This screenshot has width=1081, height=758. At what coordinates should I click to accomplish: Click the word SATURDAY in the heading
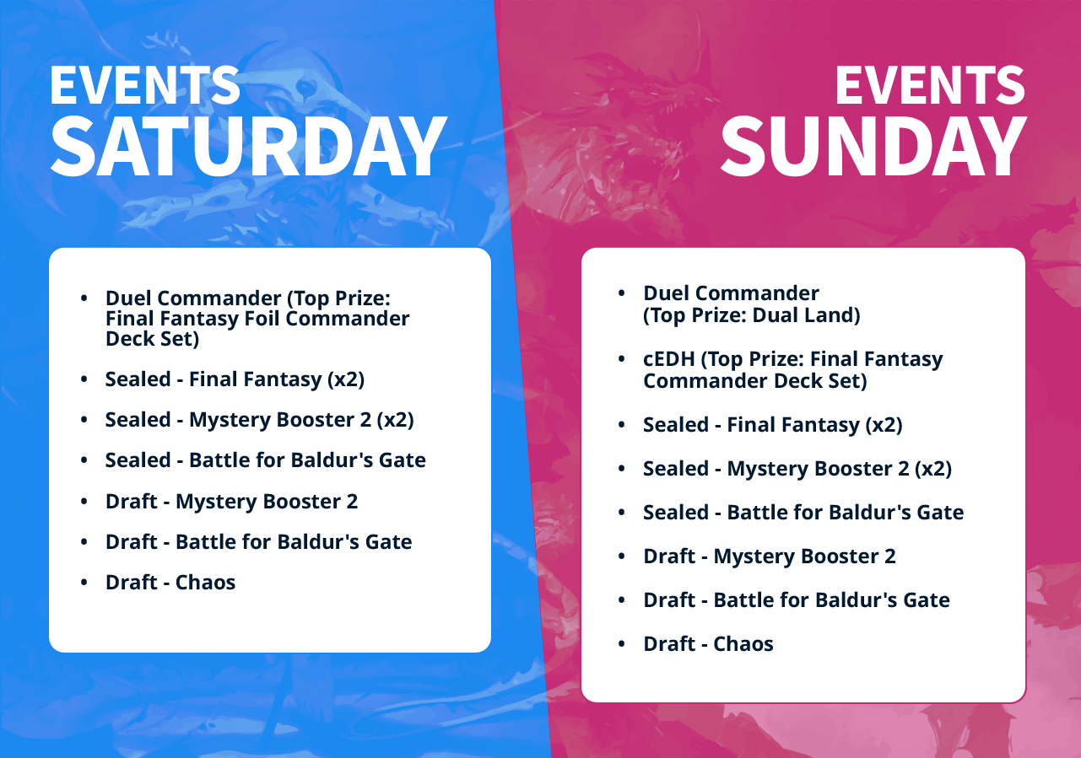pos(249,147)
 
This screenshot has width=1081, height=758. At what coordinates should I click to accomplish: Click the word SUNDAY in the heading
pos(873,147)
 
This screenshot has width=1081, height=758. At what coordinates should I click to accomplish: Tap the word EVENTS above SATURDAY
pos(145,85)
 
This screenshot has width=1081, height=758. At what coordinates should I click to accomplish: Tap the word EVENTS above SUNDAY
pos(931,85)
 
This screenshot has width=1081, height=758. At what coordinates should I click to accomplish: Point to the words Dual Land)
pos(806,315)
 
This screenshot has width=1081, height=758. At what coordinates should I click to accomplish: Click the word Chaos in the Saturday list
pos(205,583)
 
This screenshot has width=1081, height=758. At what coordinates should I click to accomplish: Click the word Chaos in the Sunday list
pos(743,643)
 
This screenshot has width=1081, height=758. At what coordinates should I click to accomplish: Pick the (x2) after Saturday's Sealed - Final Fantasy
pos(345,380)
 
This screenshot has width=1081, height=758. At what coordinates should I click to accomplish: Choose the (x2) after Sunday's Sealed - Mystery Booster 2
pos(932,469)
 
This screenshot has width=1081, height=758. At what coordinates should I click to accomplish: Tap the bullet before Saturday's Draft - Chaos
pos(84,583)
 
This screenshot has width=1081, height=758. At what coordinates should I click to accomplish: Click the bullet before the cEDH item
pos(622,358)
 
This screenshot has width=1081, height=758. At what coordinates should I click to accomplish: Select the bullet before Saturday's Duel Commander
pos(84,298)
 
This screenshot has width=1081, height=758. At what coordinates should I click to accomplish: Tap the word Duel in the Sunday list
pos(667,293)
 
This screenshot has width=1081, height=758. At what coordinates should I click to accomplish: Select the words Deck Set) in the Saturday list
pos(152,339)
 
